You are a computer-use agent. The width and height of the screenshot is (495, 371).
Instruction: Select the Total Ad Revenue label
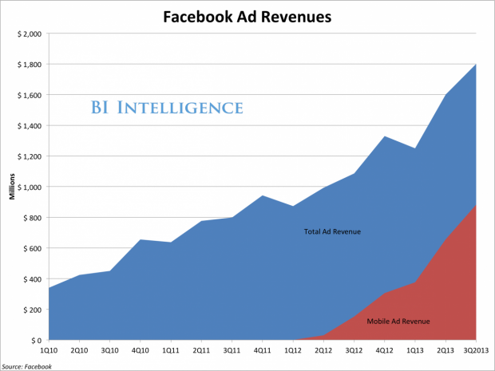pos(332,232)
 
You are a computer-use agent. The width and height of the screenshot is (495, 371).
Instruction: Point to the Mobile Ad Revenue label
pos(398,322)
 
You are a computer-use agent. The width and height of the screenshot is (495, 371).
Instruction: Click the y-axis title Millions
pos(14,187)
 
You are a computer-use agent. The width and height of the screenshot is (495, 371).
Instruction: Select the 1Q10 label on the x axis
pos(49,349)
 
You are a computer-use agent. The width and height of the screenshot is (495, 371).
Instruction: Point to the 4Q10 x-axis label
pos(141,349)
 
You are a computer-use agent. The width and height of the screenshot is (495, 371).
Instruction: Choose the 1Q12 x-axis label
pos(293,349)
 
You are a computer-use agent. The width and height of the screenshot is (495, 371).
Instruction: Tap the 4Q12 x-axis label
pos(385,349)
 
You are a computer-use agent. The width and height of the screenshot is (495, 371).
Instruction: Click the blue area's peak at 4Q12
pos(385,136)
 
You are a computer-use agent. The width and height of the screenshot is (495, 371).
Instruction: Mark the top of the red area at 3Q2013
pos(476,205)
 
